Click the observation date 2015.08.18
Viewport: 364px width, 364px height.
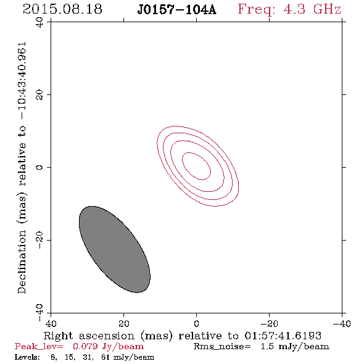click(62, 9)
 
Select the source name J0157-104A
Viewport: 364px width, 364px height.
click(176, 10)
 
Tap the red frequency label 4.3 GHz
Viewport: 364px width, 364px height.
click(312, 9)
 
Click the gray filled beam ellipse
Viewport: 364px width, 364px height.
click(115, 249)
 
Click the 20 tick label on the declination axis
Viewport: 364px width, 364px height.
click(39, 95)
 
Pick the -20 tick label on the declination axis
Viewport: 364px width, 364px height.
click(39, 240)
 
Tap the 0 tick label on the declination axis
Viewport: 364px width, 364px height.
click(39, 167)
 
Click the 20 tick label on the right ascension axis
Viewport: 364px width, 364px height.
click(124, 323)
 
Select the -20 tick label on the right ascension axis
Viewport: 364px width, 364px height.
click(269, 323)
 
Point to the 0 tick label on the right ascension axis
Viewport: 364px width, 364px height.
click(196, 323)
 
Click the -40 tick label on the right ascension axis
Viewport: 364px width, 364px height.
click(342, 323)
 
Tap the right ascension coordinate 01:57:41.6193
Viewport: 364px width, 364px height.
click(283, 336)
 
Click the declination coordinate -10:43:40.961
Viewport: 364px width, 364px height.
click(22, 81)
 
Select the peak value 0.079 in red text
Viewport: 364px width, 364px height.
click(85, 346)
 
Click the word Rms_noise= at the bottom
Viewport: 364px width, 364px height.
click(222, 347)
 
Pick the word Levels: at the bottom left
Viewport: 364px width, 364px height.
click(27, 357)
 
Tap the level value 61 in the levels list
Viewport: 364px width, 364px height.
click(105, 357)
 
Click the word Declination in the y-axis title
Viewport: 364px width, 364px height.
click(22, 262)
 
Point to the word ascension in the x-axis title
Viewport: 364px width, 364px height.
click(107, 336)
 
